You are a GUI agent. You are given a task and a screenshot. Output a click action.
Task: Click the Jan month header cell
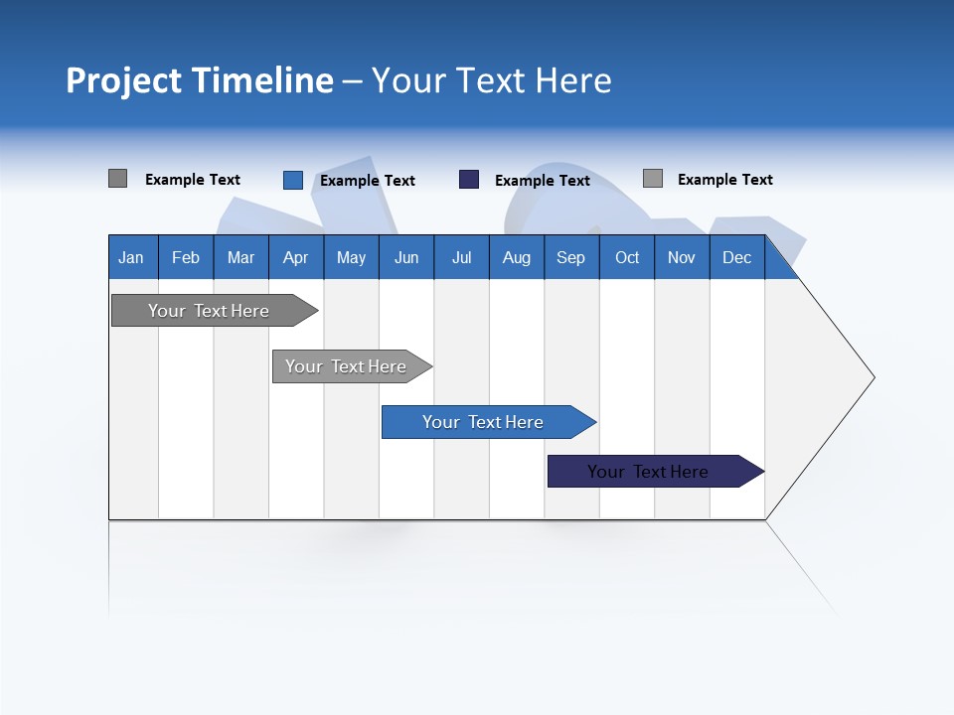click(131, 257)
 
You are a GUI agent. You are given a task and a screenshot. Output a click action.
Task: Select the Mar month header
click(240, 257)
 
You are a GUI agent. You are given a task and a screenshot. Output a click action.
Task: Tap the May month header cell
click(351, 257)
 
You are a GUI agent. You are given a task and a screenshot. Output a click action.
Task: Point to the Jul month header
click(461, 257)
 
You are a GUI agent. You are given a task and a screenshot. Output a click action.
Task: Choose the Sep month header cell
click(570, 257)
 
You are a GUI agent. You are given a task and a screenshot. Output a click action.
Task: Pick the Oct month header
click(627, 257)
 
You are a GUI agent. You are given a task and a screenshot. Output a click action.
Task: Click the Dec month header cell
click(736, 257)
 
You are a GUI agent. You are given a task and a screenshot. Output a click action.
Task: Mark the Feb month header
click(186, 257)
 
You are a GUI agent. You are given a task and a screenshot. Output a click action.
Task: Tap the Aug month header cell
click(516, 257)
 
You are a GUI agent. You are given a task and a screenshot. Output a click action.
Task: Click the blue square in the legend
click(293, 180)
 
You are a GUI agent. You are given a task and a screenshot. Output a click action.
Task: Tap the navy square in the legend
click(469, 180)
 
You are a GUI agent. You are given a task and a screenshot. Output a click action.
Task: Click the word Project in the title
click(124, 80)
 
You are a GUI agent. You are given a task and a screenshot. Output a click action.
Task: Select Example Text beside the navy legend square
click(543, 181)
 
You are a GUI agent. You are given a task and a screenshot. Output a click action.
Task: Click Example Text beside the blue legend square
click(368, 181)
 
